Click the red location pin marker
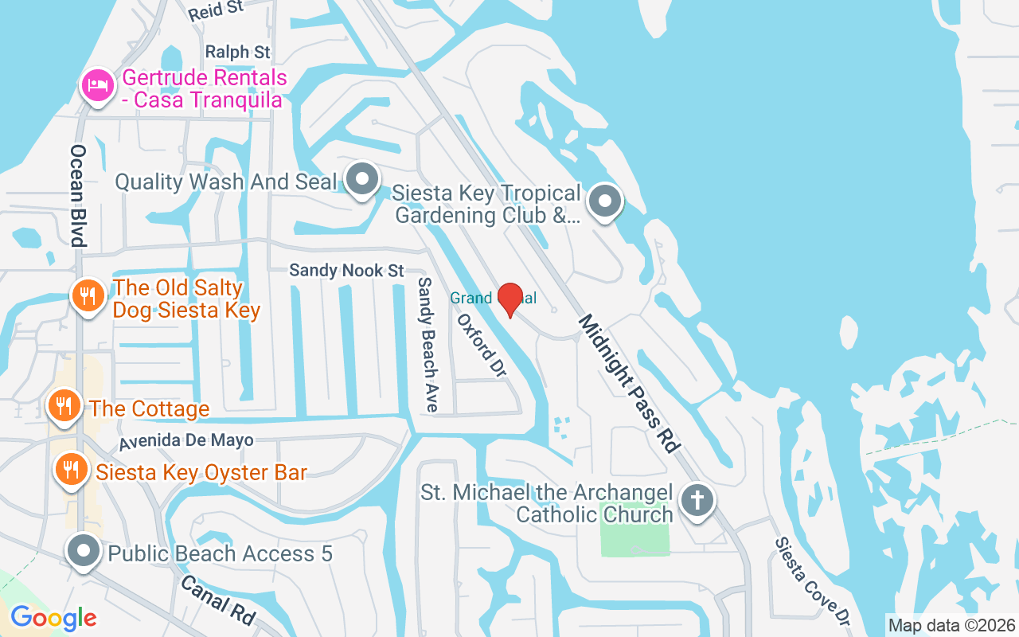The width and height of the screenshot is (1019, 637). click(509, 299)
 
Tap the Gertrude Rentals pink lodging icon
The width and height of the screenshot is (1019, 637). click(97, 85)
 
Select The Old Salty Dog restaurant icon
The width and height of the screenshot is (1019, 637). click(88, 296)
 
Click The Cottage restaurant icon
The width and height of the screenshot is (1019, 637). click(64, 406)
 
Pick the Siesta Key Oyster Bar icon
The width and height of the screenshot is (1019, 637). click(71, 470)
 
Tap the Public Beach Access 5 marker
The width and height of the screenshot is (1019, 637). click(83, 552)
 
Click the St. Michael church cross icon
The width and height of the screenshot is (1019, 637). click(697, 502)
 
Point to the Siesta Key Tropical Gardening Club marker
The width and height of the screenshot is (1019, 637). click(605, 201)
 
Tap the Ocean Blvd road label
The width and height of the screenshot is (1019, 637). click(78, 196)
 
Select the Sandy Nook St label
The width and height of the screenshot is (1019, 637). click(346, 271)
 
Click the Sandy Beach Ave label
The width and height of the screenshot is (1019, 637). click(428, 344)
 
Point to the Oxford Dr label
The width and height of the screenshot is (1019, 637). click(482, 346)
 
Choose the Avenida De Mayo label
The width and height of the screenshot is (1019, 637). click(186, 440)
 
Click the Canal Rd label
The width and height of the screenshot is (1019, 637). click(217, 600)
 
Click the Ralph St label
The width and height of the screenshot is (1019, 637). click(238, 52)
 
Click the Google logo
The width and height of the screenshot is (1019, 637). click(53, 617)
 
